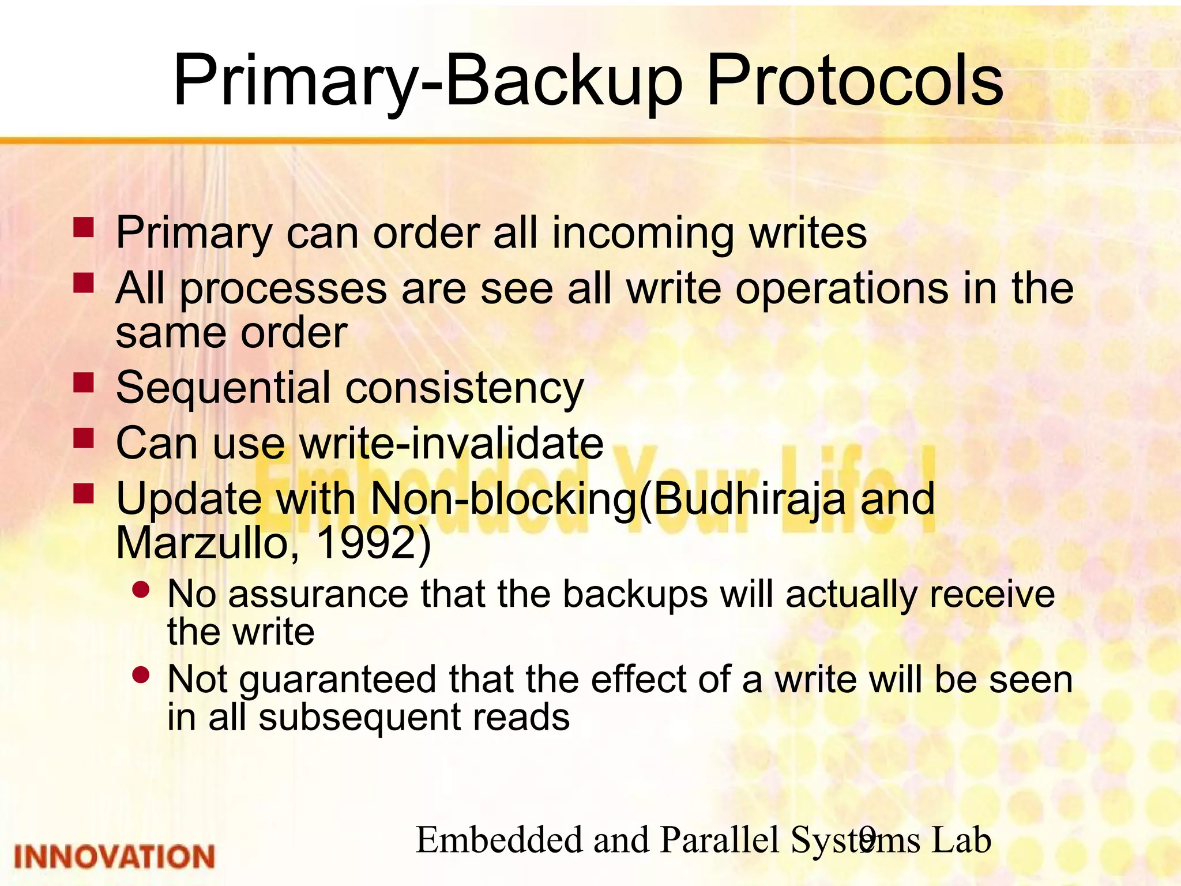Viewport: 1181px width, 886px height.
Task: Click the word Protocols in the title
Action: point(855,81)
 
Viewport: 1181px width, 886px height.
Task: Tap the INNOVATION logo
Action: point(114,856)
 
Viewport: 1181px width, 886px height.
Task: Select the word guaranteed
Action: point(337,679)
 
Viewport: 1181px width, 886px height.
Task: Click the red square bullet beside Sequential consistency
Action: point(84,382)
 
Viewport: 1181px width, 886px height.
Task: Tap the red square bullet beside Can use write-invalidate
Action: point(84,438)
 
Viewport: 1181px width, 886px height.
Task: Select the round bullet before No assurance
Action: point(141,590)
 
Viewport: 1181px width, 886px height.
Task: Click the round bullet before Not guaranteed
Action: point(141,674)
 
